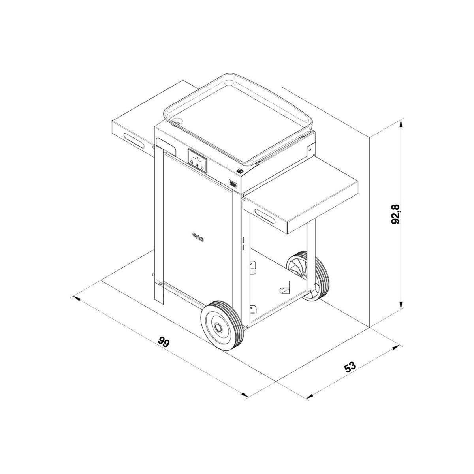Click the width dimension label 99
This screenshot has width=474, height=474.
[x=163, y=342]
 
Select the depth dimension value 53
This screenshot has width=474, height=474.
[x=350, y=367]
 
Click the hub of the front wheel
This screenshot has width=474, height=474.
[x=218, y=327]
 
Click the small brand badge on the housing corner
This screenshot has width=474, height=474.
[x=232, y=184]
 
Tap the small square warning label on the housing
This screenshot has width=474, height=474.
[x=239, y=171]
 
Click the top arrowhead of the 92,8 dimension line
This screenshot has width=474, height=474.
[x=401, y=122]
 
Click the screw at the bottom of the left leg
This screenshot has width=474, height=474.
[x=160, y=283]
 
